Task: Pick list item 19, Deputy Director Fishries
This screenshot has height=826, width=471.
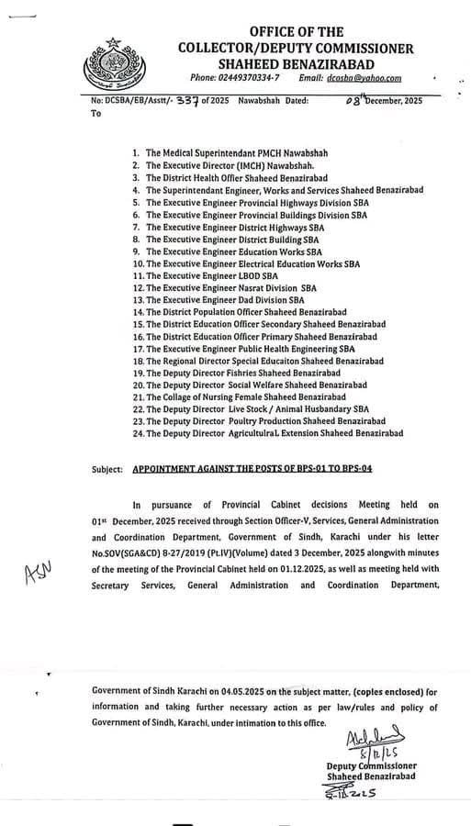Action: coord(243,374)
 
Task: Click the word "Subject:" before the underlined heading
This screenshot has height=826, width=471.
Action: coord(107,469)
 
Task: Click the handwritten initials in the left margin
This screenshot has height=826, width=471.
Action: coord(38,573)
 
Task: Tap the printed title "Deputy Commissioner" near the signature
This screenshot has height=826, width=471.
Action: coord(371,766)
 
